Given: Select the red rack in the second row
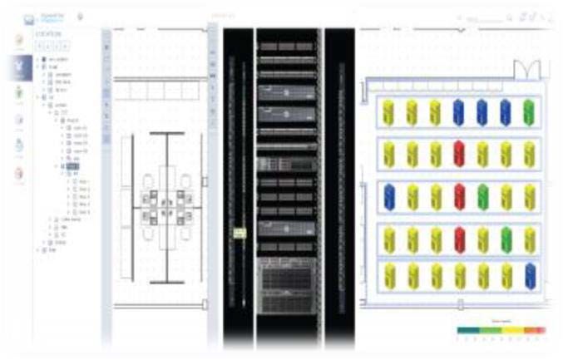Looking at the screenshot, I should pyautogui.click(x=458, y=153).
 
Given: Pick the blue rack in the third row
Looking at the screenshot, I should pyautogui.click(x=388, y=196).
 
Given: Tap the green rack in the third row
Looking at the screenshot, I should pyautogui.click(x=482, y=196).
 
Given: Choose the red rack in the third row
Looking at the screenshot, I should pyautogui.click(x=458, y=196).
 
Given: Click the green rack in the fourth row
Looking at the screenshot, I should pyautogui.click(x=506, y=239).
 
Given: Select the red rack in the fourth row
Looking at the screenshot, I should pyautogui.click(x=458, y=239).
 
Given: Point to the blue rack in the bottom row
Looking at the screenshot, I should pyautogui.click(x=529, y=275).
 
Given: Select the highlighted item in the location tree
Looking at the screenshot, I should pyautogui.click(x=72, y=166).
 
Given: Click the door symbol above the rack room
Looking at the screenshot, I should pyautogui.click(x=528, y=69).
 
